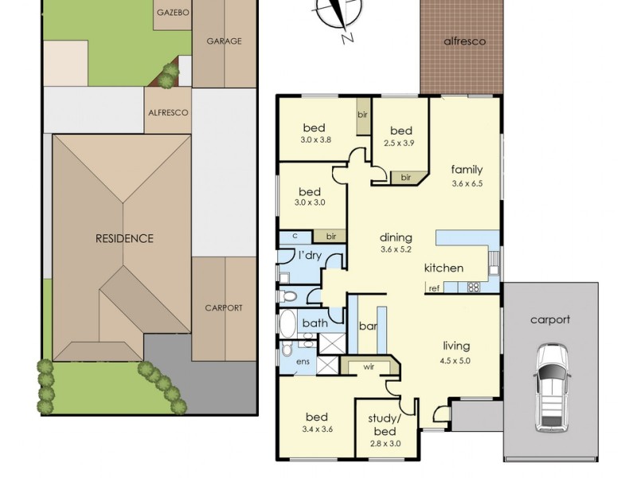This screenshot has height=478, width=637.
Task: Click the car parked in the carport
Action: tap(552, 388)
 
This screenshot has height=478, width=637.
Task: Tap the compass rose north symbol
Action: tap(338, 16)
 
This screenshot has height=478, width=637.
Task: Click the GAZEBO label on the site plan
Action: tap(173, 13)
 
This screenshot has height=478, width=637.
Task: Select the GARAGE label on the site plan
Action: tap(225, 41)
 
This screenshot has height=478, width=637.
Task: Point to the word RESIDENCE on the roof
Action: tap(124, 238)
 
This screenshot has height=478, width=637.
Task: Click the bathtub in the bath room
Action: tap(288, 324)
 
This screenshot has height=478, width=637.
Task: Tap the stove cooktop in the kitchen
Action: tap(474, 288)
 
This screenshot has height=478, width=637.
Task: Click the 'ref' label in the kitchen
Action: tap(434, 288)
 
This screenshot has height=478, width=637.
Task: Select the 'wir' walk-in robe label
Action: tap(369, 367)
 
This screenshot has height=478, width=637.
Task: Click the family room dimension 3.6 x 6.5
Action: tap(467, 183)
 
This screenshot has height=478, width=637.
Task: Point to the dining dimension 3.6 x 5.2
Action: tap(396, 249)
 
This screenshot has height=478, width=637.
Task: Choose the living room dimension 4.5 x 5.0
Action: tap(455, 361)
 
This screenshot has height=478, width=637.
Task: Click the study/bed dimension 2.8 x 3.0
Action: tap(385, 444)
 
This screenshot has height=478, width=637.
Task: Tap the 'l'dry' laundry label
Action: tap(310, 256)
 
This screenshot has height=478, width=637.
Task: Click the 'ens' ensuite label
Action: tap(303, 362)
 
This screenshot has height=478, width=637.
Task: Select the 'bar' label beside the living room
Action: tap(368, 326)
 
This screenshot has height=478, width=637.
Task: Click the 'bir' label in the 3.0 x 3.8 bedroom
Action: tap(363, 115)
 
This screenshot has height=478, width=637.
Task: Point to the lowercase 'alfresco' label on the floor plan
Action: tap(465, 41)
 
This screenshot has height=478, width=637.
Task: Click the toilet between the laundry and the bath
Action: tap(287, 296)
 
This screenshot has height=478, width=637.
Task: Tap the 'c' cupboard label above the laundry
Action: tap(295, 236)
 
